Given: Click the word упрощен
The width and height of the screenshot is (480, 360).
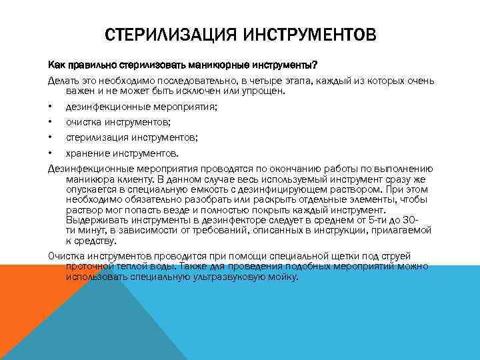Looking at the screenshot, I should [262, 91].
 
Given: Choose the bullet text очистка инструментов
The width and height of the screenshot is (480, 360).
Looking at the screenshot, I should [118, 121].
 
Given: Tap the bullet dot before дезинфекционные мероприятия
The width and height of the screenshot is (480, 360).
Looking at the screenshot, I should [50, 106].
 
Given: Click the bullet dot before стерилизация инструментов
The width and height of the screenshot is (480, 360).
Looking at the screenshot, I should [50, 137].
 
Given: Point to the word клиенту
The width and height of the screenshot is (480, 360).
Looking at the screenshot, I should [131, 179].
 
